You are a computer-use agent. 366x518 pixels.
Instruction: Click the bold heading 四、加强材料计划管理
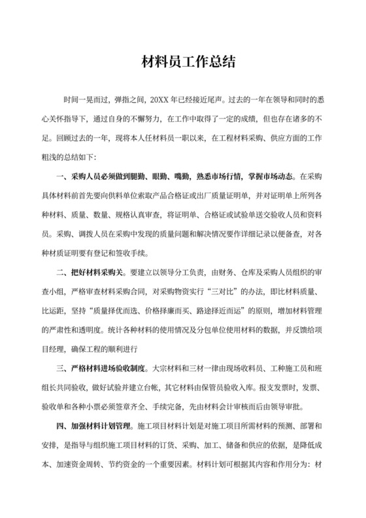coord(97,426)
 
